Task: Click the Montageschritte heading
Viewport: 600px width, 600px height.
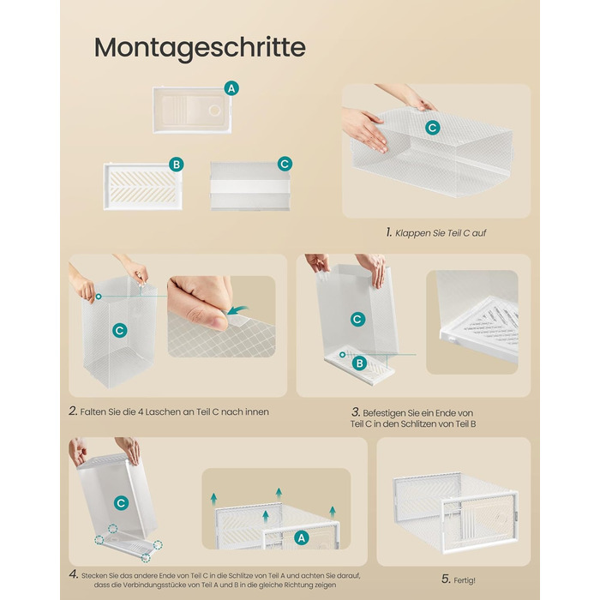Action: tap(200, 48)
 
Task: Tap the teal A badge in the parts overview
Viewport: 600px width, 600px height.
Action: tap(231, 88)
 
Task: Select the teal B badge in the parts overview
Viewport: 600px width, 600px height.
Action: tap(177, 165)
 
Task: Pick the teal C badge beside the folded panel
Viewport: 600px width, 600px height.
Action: tap(285, 164)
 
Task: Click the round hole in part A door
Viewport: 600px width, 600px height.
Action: tap(214, 111)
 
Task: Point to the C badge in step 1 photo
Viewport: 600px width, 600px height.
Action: tap(432, 128)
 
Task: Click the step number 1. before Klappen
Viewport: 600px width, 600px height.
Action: tap(389, 232)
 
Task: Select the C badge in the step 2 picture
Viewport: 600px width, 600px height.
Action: tap(120, 330)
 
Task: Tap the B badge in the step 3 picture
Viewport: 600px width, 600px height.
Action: tap(359, 363)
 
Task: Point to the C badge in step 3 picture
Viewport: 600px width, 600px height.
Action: tap(357, 319)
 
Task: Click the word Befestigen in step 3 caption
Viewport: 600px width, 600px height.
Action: tap(385, 413)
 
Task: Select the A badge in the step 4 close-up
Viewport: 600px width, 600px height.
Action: tap(302, 538)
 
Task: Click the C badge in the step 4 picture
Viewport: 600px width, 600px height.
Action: tap(122, 503)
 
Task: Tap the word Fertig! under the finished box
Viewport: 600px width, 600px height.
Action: tap(465, 580)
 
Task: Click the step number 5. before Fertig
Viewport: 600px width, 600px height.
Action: tap(446, 579)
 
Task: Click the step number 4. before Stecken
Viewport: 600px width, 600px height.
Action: tap(74, 574)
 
